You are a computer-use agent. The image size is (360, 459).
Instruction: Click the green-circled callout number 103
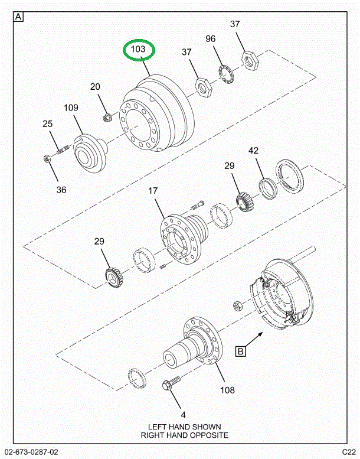click(x=138, y=50)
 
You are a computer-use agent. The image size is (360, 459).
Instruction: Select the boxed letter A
click(x=18, y=17)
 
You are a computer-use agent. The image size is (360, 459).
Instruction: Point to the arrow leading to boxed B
click(x=256, y=341)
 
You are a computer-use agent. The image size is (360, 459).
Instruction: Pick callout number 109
click(x=71, y=108)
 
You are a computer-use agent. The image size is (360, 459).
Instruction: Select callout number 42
click(x=253, y=151)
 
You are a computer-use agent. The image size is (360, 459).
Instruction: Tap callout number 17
click(x=153, y=191)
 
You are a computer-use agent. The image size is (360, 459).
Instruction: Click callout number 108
click(x=227, y=389)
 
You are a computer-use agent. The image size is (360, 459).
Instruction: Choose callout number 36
click(x=61, y=190)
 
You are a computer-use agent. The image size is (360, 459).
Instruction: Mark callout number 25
click(x=47, y=124)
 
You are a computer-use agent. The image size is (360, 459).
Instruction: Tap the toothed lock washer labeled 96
click(x=224, y=76)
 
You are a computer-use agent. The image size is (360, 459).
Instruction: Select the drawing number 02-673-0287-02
click(x=35, y=453)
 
